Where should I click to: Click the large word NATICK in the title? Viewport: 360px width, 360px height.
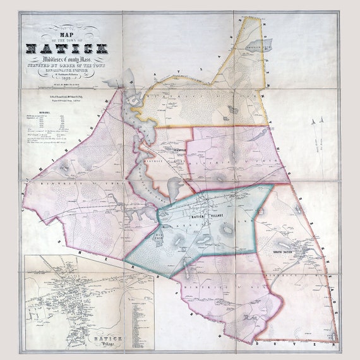tap(67, 49)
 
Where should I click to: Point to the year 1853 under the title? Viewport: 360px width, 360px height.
tap(67, 81)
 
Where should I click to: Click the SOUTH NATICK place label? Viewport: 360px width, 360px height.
tap(284, 253)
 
